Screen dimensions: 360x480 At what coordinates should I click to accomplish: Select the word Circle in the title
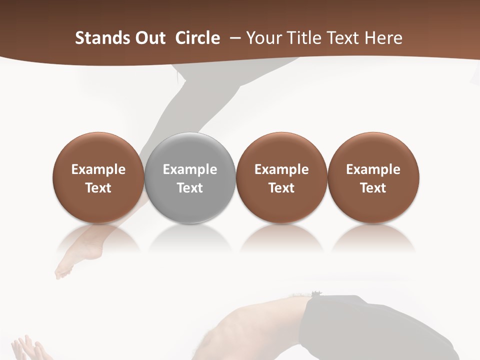coord(197,38)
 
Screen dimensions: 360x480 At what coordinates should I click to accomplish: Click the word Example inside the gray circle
coord(190,170)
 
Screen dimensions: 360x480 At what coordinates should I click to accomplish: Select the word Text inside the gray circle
coord(190,188)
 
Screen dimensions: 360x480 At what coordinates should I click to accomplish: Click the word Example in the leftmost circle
coord(98,170)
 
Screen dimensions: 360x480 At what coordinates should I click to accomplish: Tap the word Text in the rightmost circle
coord(373,188)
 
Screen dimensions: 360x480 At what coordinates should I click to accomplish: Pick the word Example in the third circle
coord(281,170)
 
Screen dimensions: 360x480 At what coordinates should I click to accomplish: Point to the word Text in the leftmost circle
coord(98,188)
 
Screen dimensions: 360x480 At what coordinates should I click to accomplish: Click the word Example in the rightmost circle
coord(373,170)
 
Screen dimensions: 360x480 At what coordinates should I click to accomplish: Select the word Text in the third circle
coord(281,188)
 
